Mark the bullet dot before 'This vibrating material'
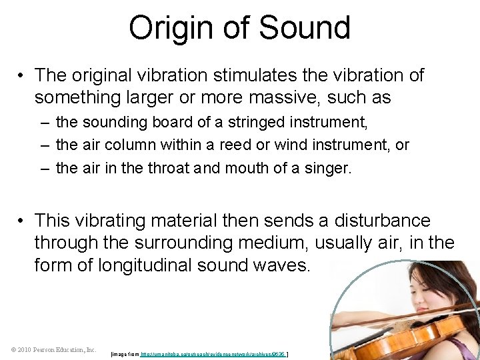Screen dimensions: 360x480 pyautogui.click(x=22, y=221)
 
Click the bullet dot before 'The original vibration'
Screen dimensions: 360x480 pyautogui.click(x=22, y=75)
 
